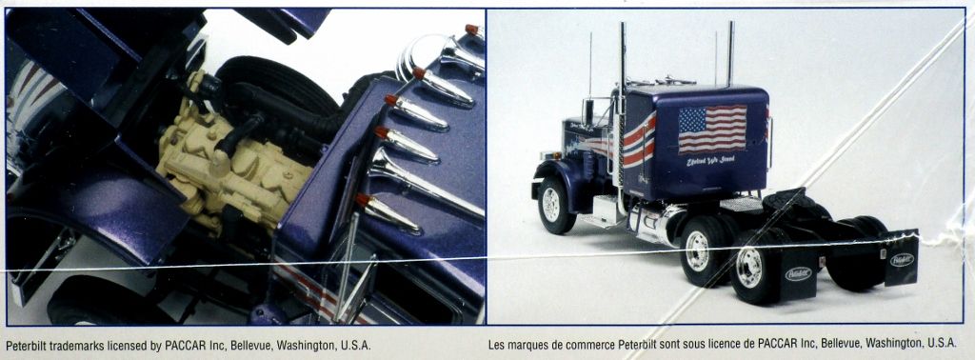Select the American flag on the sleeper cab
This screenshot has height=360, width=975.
pos(711,130)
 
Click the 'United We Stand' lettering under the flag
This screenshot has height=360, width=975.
pos(711,163)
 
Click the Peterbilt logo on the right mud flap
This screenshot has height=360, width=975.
pos(902,259)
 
